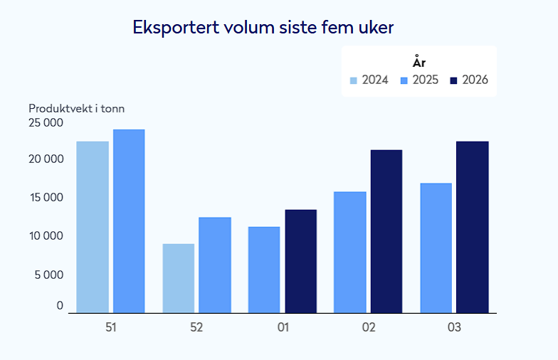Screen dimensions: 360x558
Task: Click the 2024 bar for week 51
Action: tap(93, 226)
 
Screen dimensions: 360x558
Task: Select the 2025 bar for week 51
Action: tap(129, 221)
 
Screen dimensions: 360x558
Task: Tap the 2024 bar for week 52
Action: tap(178, 278)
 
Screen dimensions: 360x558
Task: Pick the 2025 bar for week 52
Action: tap(215, 265)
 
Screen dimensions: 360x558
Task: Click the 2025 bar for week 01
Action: tap(264, 270)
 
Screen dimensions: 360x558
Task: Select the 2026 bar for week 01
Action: tap(300, 261)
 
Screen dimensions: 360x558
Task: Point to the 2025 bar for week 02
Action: tap(350, 252)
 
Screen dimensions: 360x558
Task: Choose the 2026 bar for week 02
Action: tap(386, 231)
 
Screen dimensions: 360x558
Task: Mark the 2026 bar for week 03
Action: tap(473, 227)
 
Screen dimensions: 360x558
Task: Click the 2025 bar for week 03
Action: tap(436, 248)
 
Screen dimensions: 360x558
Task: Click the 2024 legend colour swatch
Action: tap(354, 80)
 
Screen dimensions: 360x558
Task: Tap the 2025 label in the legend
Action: tap(425, 80)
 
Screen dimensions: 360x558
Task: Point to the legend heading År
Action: tap(419, 63)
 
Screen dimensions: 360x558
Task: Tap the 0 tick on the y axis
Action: tap(60, 305)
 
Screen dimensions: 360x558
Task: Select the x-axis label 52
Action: tap(196, 328)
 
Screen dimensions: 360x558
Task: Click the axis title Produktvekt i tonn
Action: tap(77, 108)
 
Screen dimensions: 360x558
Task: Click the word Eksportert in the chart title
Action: tap(175, 27)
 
